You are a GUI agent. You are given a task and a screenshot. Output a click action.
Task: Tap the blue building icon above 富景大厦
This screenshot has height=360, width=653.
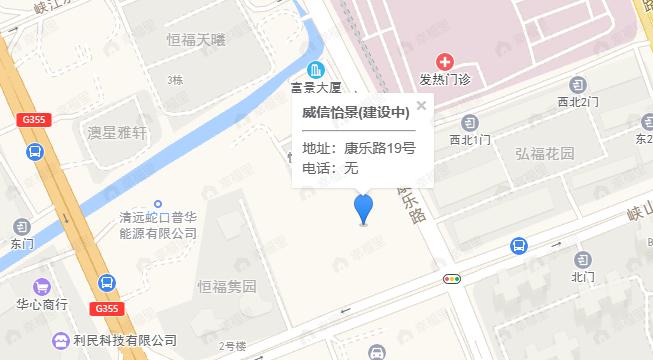[317, 70]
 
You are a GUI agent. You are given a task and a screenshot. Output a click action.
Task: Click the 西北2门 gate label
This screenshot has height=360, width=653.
[578, 102]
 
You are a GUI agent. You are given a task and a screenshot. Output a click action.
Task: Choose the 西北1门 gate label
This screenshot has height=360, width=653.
[471, 139]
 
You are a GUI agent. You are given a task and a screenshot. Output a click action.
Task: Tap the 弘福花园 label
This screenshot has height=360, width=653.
[545, 154]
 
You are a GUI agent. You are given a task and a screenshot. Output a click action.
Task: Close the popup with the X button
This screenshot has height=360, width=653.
[421, 104]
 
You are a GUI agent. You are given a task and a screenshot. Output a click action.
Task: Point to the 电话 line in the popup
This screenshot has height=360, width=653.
[330, 168]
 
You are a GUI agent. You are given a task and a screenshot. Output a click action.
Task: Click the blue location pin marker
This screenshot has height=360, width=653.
[365, 209]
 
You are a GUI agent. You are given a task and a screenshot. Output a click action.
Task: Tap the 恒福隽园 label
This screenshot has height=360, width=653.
[227, 286]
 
